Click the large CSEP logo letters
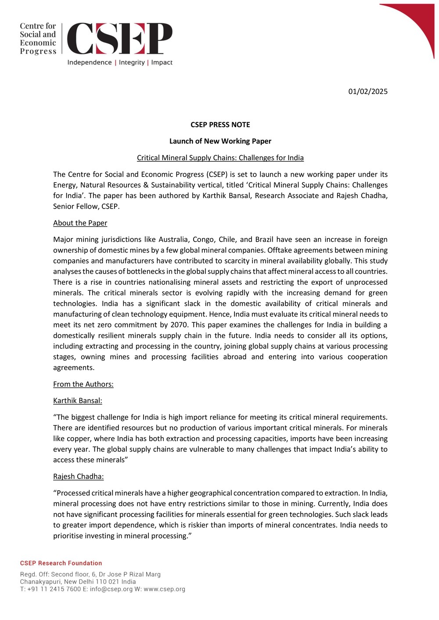click(119, 39)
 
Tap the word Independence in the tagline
click(90, 63)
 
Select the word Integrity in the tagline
click(132, 63)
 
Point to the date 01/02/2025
click(368, 92)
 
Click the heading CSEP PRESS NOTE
click(220, 125)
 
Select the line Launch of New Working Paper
click(220, 141)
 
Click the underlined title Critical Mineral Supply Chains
click(220, 158)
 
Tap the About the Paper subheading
click(80, 223)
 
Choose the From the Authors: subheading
click(83, 385)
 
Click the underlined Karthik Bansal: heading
click(77, 401)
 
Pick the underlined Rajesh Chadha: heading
click(78, 477)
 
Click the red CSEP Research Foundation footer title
click(61, 563)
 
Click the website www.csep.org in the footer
click(164, 589)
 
